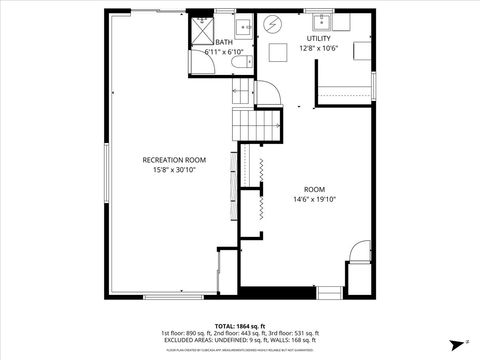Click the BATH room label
tap(223, 42)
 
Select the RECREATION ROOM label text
tap(174, 160)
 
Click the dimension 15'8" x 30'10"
tap(174, 170)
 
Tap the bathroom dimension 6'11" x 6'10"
tap(223, 51)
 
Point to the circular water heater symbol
tap(273, 23)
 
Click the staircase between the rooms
tap(254, 125)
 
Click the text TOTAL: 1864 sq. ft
tap(240, 325)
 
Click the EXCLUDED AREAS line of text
tap(240, 340)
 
